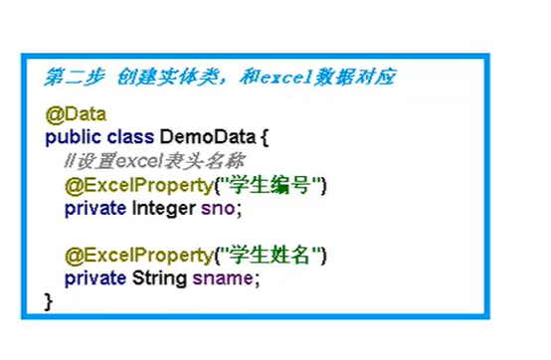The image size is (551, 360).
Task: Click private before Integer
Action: (95, 208)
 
